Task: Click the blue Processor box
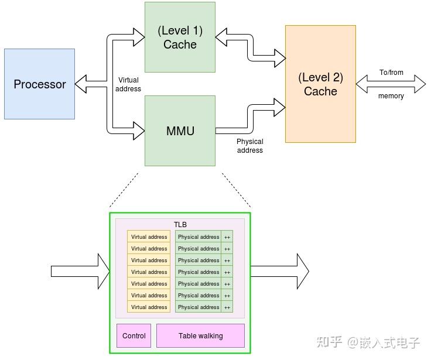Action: [x=40, y=84]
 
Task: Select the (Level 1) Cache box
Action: [x=180, y=37]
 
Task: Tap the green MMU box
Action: [x=180, y=131]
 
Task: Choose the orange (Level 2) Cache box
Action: [x=320, y=84]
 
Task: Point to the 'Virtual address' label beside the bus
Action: [x=128, y=84]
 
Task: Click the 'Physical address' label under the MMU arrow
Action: [x=250, y=146]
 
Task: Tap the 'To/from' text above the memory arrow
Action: [x=391, y=73]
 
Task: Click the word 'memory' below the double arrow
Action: [x=391, y=96]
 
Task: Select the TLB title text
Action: [x=180, y=225]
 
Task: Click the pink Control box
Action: [x=134, y=335]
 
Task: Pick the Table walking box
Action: [x=200, y=335]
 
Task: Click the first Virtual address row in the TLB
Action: [x=149, y=236]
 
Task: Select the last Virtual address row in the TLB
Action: [x=149, y=307]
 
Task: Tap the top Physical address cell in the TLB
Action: [x=198, y=236]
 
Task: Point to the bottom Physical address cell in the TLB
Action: [x=198, y=307]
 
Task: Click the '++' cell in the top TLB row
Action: [x=227, y=237]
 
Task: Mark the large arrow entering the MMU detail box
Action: [x=80, y=272]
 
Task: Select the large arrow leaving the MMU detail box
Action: [x=280, y=272]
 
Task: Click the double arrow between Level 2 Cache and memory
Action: [x=391, y=84]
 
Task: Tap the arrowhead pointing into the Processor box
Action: [x=81, y=84]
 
